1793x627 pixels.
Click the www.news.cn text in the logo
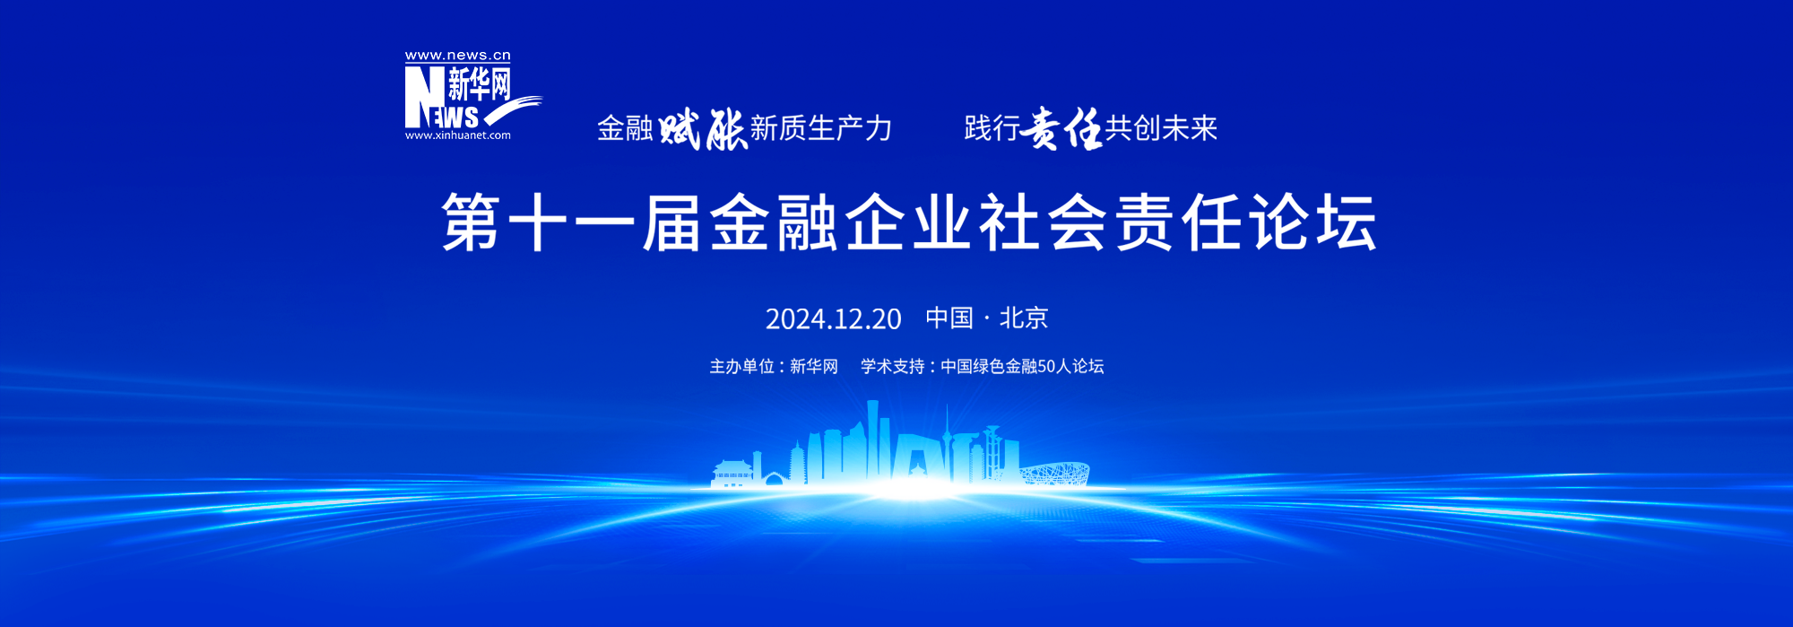click(457, 56)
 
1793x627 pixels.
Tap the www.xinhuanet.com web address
click(457, 135)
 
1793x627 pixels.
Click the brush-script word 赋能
click(703, 129)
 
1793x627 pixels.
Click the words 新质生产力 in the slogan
click(821, 128)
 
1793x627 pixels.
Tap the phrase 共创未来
click(1161, 128)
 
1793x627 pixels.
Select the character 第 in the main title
click(471, 222)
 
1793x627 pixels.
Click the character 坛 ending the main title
click(1347, 222)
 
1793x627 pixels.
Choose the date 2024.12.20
click(833, 318)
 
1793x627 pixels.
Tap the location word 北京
click(1024, 318)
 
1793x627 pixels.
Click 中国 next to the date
click(949, 318)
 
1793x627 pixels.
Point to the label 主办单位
click(741, 366)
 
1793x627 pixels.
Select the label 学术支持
click(893, 366)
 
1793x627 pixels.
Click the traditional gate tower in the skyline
click(732, 474)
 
